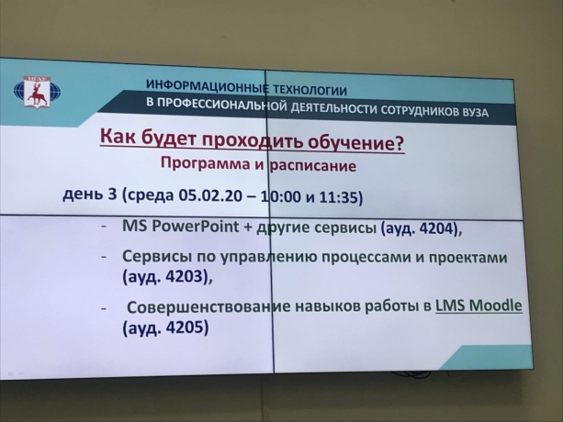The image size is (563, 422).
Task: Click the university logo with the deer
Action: pyautogui.click(x=37, y=92)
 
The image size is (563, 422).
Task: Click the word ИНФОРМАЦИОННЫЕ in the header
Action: pyautogui.click(x=208, y=85)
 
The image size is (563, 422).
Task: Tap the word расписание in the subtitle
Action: pyautogui.click(x=313, y=166)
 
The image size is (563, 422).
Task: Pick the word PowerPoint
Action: pyautogui.click(x=196, y=227)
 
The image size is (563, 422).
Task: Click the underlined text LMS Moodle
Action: pyautogui.click(x=479, y=305)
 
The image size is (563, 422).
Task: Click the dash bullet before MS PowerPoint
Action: pyautogui.click(x=104, y=227)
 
